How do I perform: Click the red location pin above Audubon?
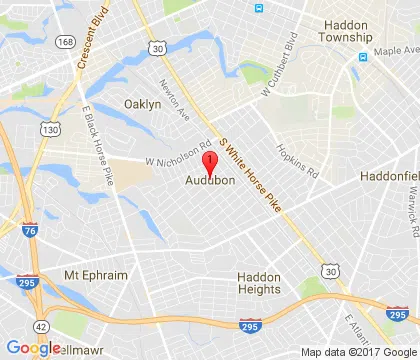pos(209,163)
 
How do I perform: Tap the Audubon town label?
pos(209,181)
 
